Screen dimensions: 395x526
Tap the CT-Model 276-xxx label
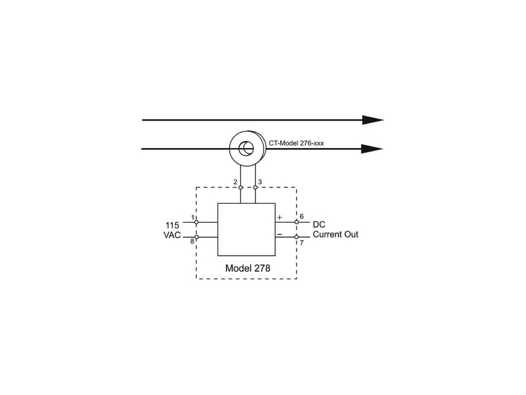point(296,142)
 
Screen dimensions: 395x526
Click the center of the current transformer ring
point(245,149)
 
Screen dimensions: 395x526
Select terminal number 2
point(235,182)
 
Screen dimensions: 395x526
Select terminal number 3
point(260,182)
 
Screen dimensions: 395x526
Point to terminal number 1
point(193,217)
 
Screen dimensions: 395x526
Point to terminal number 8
point(192,241)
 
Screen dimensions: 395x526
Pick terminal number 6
point(301,216)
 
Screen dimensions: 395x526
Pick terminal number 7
point(301,243)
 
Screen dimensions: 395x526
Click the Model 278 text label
point(248,268)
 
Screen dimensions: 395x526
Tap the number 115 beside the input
point(173,225)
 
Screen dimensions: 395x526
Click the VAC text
point(172,235)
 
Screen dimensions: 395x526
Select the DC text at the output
point(319,225)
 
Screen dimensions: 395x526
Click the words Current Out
point(336,234)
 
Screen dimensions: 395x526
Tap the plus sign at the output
point(279,217)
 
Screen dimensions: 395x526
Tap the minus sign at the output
point(279,233)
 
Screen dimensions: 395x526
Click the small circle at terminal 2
point(240,187)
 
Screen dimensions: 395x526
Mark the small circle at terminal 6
point(296,222)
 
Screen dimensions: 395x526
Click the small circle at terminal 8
point(196,237)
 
